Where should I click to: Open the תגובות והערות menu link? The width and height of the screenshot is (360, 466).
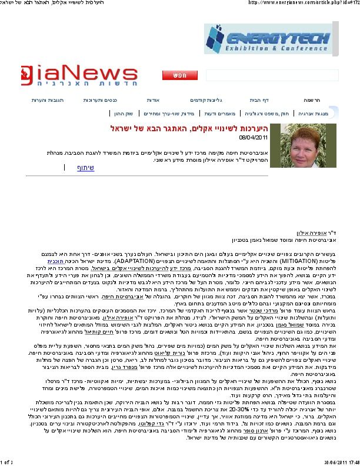click(47, 100)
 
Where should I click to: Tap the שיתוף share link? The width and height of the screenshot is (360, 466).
click(86, 168)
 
